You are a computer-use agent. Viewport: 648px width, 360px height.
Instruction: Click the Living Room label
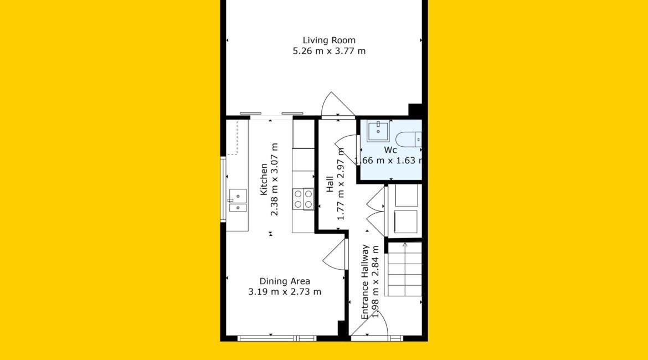[x=329, y=40]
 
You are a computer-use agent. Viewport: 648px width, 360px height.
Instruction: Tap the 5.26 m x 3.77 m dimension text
[x=329, y=51]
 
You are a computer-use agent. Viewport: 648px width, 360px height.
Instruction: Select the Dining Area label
[x=285, y=281]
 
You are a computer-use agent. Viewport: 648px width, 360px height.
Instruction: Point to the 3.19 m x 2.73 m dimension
[x=285, y=291]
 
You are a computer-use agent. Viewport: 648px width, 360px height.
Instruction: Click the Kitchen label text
[x=264, y=179]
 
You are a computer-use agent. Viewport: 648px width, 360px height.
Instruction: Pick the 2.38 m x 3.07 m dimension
[x=274, y=179]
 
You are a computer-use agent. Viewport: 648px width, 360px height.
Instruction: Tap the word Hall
[x=330, y=184]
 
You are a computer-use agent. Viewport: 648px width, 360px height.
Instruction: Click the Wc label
[x=390, y=150]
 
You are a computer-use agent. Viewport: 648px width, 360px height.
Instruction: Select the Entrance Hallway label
[x=365, y=281]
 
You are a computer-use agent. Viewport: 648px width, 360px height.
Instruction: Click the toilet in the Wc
[x=408, y=139]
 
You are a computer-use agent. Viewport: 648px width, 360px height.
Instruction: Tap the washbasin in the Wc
[x=378, y=131]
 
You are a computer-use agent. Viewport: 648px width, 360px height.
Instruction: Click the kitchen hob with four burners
[x=304, y=199]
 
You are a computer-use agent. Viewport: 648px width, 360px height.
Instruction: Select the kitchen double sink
[x=238, y=200]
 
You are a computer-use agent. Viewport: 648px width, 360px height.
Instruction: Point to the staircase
[x=405, y=269]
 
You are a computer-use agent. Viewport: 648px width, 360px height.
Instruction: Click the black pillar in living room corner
[x=415, y=110]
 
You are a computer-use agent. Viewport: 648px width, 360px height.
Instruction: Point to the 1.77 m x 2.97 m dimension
[x=341, y=184]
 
